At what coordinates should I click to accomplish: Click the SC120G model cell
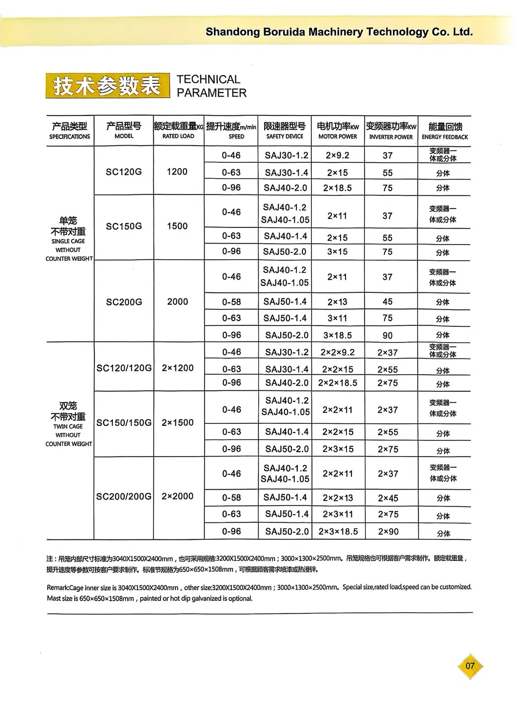click(124, 172)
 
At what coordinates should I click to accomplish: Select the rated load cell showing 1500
click(177, 226)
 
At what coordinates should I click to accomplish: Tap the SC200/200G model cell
click(124, 496)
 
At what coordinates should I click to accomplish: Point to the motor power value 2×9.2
click(337, 155)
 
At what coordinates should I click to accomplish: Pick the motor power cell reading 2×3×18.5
click(338, 532)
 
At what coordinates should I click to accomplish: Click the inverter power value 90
click(387, 335)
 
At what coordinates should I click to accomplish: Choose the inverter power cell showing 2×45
click(388, 498)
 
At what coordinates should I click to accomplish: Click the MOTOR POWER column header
click(338, 131)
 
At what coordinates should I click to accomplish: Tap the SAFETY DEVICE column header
click(285, 131)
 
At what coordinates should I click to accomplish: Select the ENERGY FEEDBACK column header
click(445, 131)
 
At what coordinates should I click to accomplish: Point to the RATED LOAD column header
click(178, 131)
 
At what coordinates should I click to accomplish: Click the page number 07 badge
click(470, 666)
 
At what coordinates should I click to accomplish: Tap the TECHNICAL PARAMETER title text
click(211, 86)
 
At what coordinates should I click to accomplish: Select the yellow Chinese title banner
click(107, 86)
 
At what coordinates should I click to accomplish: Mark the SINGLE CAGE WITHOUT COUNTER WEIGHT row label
click(69, 239)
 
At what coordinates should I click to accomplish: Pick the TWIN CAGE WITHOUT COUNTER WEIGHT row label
click(69, 424)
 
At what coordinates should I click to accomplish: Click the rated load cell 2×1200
click(177, 368)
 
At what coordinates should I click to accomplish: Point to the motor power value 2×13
click(337, 302)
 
